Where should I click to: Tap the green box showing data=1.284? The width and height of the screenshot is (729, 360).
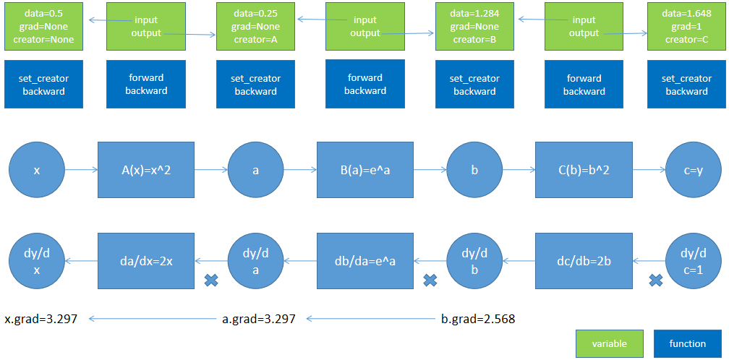coord(474,25)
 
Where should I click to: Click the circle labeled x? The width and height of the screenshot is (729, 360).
coord(37,170)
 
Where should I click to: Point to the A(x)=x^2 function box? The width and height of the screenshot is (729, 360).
coord(146,170)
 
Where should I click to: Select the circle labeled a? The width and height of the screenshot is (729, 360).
coord(256,170)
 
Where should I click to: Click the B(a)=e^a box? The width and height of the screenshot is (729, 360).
coord(365,170)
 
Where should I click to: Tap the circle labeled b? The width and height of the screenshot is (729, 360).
coord(474,170)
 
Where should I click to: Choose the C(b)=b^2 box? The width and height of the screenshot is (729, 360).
coord(584,170)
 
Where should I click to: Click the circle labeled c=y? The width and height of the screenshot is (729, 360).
coord(694,170)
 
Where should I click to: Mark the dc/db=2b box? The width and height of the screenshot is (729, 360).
coord(584,260)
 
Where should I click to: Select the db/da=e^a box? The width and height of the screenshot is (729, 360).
coord(365,260)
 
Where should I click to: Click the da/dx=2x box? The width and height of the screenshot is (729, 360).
coord(146,260)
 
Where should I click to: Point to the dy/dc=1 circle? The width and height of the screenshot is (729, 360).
coord(694,260)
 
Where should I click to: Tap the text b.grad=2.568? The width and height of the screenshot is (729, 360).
coord(478,318)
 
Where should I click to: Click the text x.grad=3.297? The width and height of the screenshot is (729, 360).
coord(40,318)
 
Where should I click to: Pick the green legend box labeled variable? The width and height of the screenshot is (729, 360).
coord(609,343)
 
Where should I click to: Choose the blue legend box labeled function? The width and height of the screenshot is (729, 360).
coord(688,343)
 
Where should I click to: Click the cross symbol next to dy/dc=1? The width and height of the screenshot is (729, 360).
coord(656,280)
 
